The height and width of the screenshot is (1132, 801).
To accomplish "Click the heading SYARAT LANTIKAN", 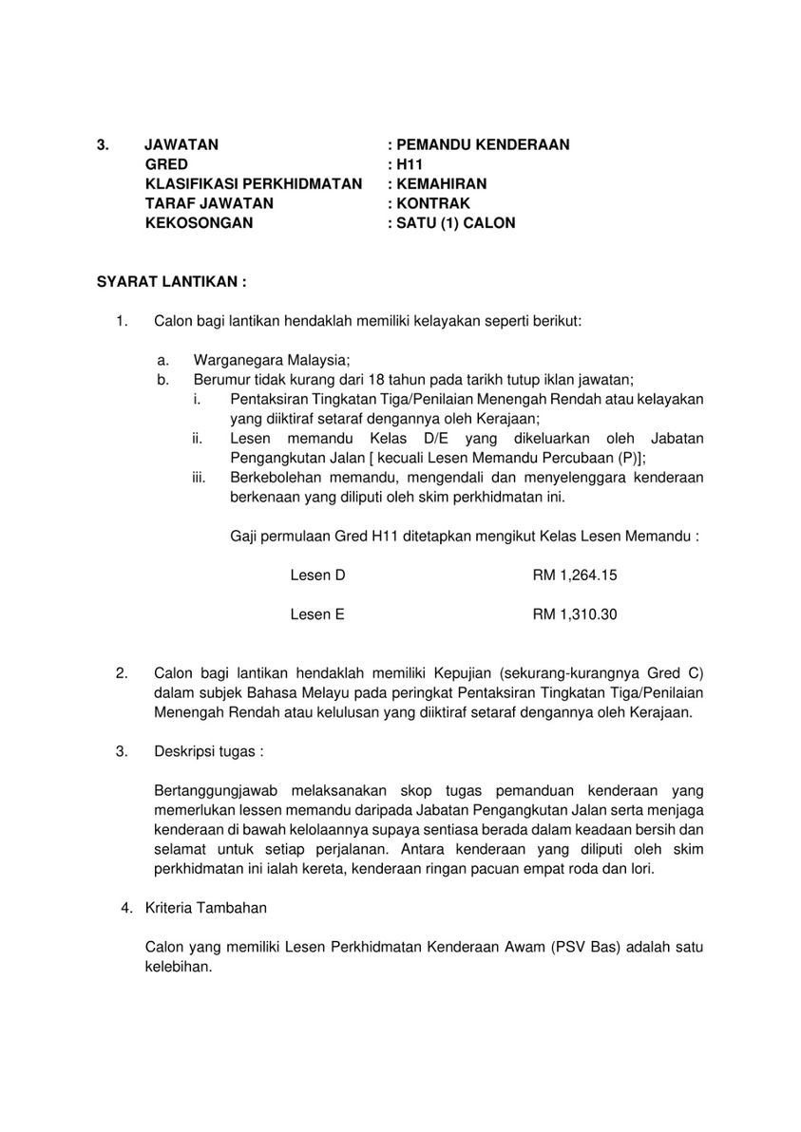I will click(x=171, y=282).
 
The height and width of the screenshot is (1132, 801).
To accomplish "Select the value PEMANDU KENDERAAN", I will click(x=483, y=145).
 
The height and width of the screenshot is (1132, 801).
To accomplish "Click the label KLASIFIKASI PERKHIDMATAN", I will click(x=253, y=184).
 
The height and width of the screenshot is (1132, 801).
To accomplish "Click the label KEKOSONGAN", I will click(x=199, y=223).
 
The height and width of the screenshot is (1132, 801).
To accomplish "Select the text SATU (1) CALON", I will click(x=456, y=223).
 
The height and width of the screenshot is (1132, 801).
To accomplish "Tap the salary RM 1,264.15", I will click(x=575, y=575).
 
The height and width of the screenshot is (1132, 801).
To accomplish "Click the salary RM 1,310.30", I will click(x=575, y=614).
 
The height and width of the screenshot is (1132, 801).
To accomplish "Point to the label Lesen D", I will click(x=317, y=575).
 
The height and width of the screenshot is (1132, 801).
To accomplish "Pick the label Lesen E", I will click(x=317, y=614).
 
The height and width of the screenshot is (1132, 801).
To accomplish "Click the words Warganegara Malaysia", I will click(x=272, y=360).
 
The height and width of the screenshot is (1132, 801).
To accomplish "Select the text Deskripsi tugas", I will click(x=208, y=751).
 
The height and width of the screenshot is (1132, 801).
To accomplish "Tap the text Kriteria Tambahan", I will click(x=206, y=908).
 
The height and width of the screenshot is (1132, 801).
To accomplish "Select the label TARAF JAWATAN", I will click(x=209, y=203).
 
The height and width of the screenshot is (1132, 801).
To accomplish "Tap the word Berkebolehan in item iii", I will click(x=272, y=477).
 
